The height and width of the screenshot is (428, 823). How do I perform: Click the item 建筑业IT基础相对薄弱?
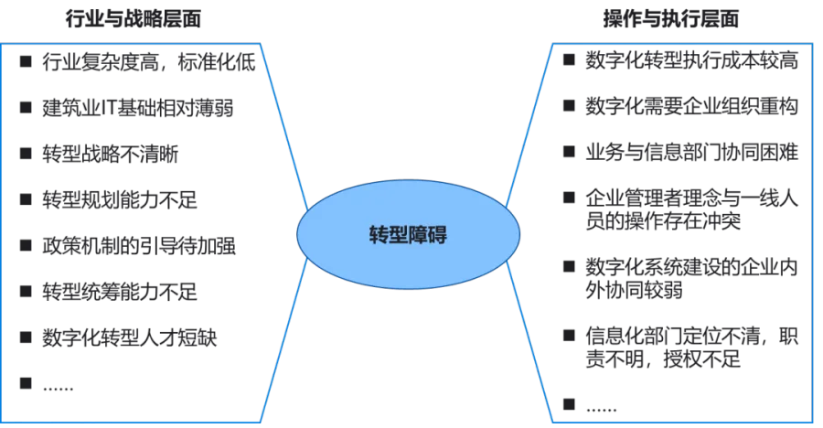tap(137, 108)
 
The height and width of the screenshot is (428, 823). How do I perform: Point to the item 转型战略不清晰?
tap(111, 153)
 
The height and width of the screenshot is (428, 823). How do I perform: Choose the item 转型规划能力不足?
tap(119, 198)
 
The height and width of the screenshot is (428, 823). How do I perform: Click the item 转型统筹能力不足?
tap(119, 292)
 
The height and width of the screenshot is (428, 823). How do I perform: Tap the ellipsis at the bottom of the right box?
tap(604, 404)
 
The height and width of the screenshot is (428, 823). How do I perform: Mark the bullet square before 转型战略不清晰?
tap(27, 153)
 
